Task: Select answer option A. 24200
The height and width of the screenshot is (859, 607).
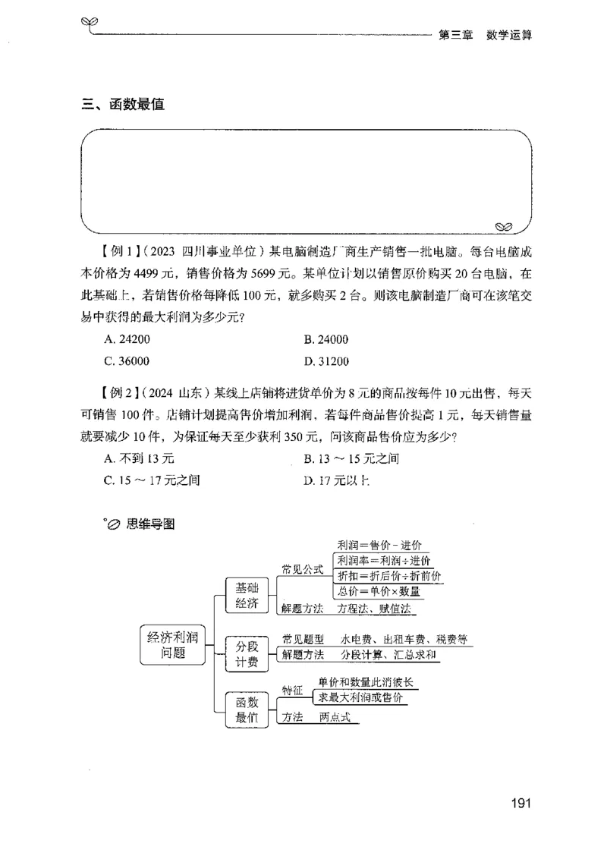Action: [125, 340]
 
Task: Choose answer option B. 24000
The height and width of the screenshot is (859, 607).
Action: [326, 340]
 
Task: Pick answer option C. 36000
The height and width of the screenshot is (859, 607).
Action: [126, 361]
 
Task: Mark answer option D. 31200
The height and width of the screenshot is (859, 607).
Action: [326, 361]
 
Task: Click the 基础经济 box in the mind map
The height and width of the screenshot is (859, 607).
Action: [247, 596]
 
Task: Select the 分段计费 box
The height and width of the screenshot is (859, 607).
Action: [247, 654]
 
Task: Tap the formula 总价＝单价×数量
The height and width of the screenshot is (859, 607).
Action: [379, 591]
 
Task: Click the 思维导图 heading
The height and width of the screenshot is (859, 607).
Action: [152, 524]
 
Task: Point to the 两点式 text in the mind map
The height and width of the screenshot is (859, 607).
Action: [339, 716]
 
